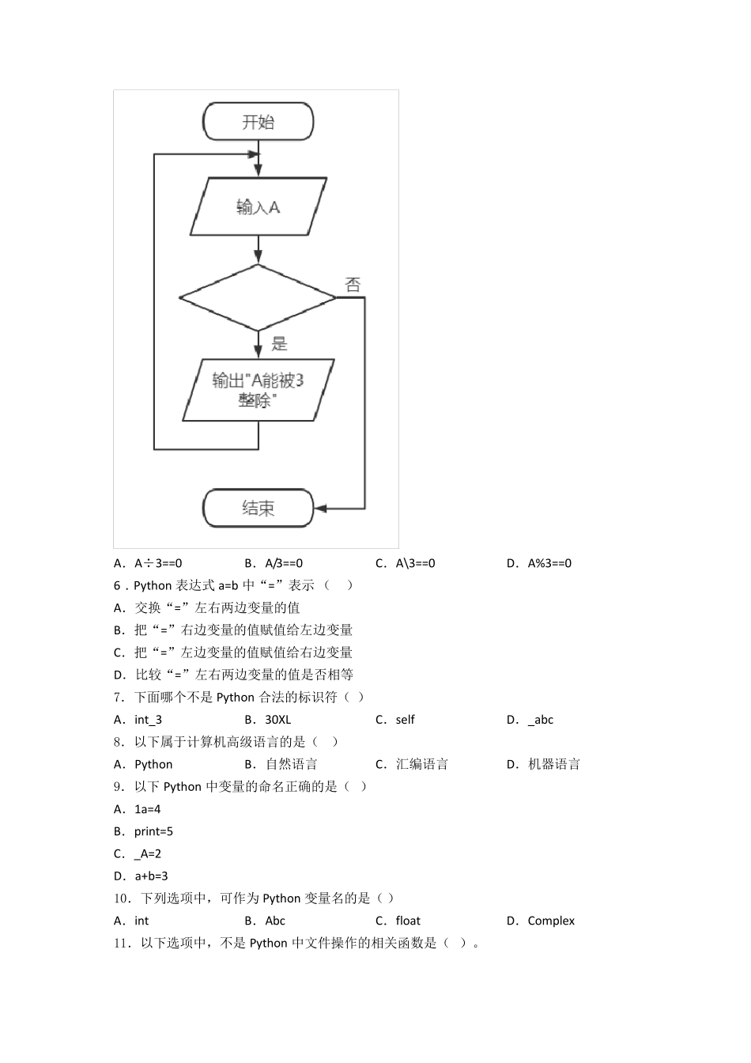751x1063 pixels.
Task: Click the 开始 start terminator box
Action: click(x=258, y=122)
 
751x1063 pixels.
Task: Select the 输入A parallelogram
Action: click(x=258, y=207)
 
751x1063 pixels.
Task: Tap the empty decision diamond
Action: click(x=258, y=297)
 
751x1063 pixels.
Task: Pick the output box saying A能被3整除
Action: click(x=258, y=390)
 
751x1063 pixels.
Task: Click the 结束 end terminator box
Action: click(x=258, y=508)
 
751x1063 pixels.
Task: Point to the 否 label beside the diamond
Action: click(x=353, y=285)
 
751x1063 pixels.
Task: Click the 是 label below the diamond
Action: click(x=279, y=344)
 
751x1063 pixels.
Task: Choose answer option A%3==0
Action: click(x=549, y=563)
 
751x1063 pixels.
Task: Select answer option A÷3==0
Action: click(x=157, y=563)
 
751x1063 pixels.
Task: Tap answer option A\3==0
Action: click(x=415, y=563)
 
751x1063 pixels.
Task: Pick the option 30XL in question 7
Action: click(x=277, y=720)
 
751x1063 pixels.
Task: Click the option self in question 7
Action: click(x=405, y=720)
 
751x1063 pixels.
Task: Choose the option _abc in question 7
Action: click(x=540, y=720)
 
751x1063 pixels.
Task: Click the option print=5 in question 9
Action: click(x=153, y=831)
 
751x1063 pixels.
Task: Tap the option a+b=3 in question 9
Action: click(x=151, y=876)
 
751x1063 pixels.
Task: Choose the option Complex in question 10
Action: click(x=550, y=921)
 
